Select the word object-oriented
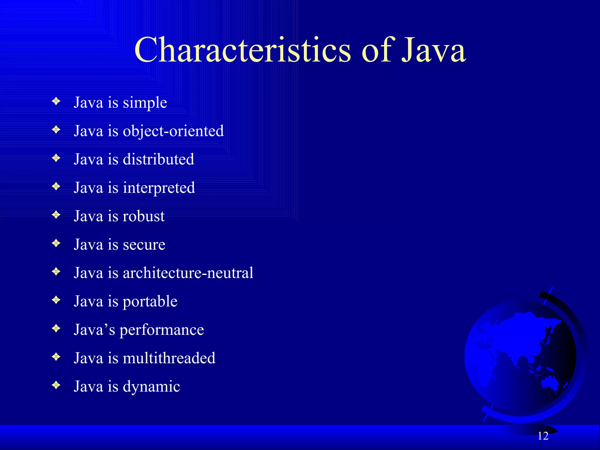click(173, 131)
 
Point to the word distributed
click(158, 159)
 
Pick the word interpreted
click(159, 188)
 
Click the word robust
click(144, 216)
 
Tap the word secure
click(144, 245)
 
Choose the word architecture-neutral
click(188, 273)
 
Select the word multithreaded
click(169, 358)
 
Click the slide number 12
click(543, 436)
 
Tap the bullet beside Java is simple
click(56, 101)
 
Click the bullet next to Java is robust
click(56, 215)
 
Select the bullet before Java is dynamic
click(56, 385)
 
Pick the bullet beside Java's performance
click(56, 328)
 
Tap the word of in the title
click(376, 50)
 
